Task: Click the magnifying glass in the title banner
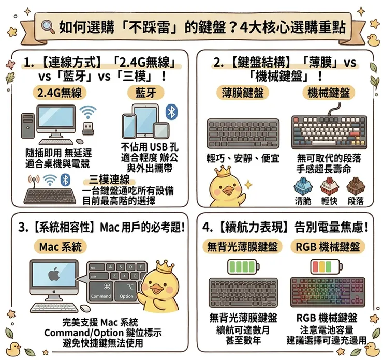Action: click(x=48, y=26)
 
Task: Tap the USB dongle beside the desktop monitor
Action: click(x=87, y=128)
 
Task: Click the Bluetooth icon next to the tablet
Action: click(x=171, y=112)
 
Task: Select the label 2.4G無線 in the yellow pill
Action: click(x=60, y=93)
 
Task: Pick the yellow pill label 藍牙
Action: click(x=145, y=93)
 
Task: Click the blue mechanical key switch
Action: click(x=302, y=187)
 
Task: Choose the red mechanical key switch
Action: click(x=329, y=187)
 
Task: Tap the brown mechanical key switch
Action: click(x=356, y=187)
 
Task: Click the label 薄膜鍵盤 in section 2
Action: click(x=243, y=93)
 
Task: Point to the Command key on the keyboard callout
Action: click(x=101, y=291)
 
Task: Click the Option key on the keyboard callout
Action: click(x=126, y=291)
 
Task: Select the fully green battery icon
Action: click(x=243, y=267)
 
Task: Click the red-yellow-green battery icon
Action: click(x=326, y=267)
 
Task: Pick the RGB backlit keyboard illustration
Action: click(x=328, y=292)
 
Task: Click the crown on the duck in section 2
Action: click(x=223, y=172)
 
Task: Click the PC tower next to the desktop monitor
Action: click(x=27, y=125)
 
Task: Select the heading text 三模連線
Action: click(x=109, y=180)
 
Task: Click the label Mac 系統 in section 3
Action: click(x=60, y=247)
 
